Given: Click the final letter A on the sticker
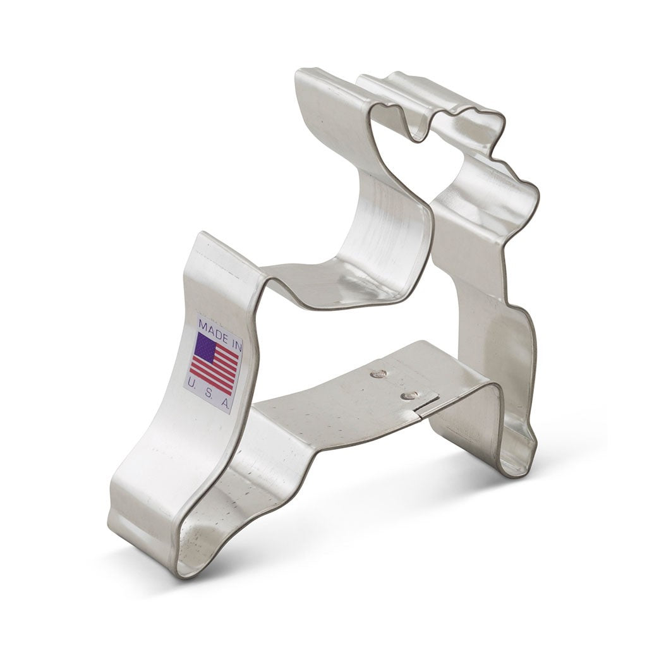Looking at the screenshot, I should (226, 403).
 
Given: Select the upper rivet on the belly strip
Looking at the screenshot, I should (379, 374).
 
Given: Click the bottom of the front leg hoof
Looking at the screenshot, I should (515, 471).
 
